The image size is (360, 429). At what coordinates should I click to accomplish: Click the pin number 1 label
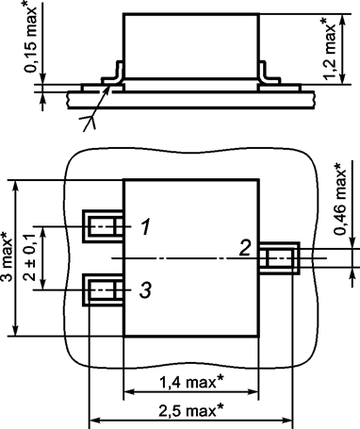[x=143, y=226]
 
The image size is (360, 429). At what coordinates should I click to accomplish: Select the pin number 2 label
[x=243, y=249]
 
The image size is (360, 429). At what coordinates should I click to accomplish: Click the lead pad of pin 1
[x=100, y=226]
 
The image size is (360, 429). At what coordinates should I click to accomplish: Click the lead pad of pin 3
[x=100, y=289]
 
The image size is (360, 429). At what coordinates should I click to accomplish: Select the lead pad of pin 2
[x=281, y=258]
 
